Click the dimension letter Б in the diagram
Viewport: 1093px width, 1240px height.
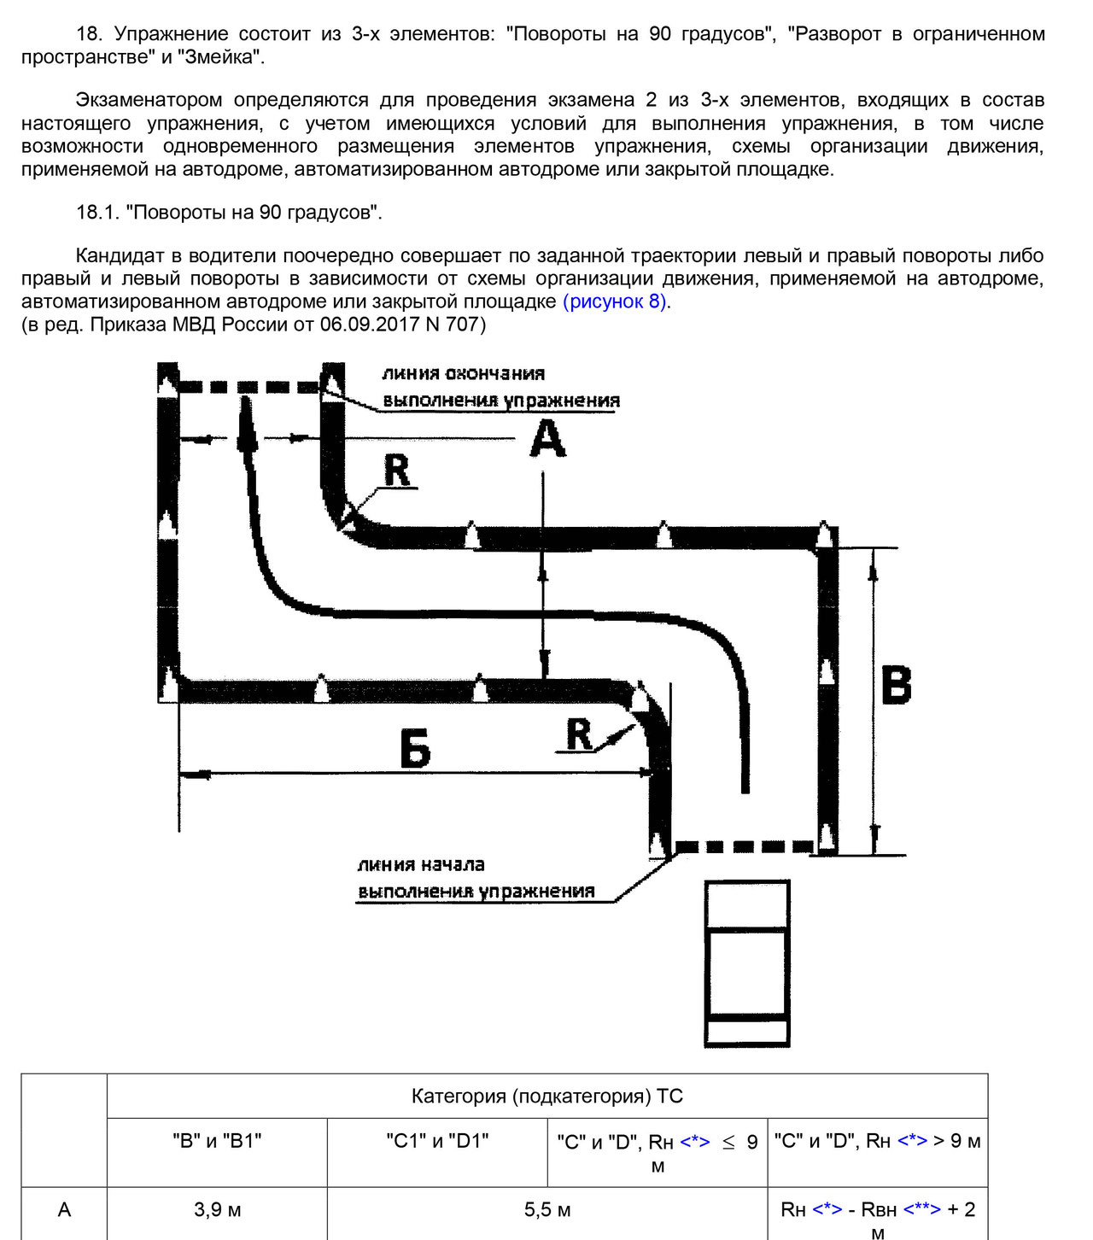pos(416,749)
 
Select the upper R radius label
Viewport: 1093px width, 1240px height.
pos(397,470)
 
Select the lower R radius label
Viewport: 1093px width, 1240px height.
pos(579,734)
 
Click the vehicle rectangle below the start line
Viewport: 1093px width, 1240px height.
pos(746,962)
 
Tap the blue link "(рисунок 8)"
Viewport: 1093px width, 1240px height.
pos(615,301)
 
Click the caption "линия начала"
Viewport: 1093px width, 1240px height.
pos(421,864)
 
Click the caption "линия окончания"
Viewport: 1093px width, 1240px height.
pos(463,373)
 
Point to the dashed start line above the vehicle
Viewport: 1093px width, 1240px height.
pos(745,847)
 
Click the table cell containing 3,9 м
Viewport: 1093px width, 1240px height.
pos(217,1210)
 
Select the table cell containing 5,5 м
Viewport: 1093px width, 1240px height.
pos(547,1210)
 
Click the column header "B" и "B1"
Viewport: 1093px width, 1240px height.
pos(217,1141)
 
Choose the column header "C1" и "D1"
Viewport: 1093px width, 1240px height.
pos(437,1141)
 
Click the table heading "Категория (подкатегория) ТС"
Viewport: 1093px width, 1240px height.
pos(547,1097)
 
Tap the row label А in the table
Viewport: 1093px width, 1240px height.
pos(64,1210)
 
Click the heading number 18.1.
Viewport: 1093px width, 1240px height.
pos(97,212)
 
